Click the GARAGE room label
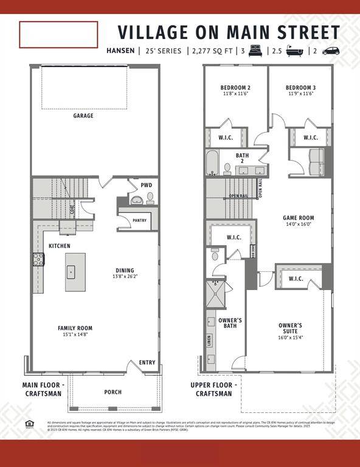pos(83,116)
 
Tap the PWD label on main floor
pos(147,185)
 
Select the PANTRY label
pos(139,221)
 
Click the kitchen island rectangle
pos(75,272)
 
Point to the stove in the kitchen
pos(38,260)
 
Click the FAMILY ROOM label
pos(75,328)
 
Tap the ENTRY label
pos(147,362)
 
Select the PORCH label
pos(112,392)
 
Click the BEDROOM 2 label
pos(235,88)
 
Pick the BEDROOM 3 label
pos(301,88)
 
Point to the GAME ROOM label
pos(298,218)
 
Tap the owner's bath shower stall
pos(215,294)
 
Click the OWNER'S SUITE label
pos(290,325)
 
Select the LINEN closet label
pos(209,341)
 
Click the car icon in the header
pos(331,51)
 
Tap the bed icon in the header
pos(255,51)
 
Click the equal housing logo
pos(29,424)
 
